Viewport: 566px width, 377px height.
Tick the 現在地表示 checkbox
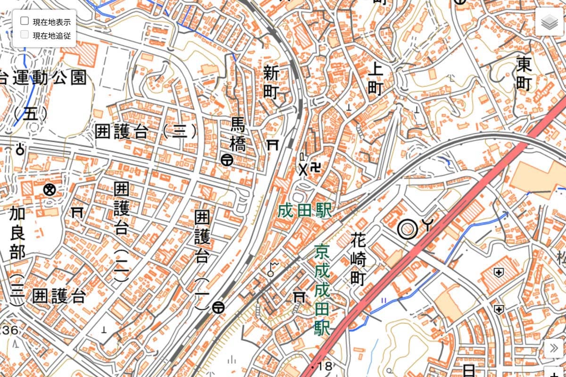click(x=25, y=21)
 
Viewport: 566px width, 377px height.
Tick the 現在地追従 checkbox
click(x=25, y=34)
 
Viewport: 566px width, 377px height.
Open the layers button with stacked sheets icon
click(x=549, y=22)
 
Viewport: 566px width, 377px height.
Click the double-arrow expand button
click(x=553, y=349)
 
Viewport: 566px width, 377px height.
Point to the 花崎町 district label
click(x=358, y=259)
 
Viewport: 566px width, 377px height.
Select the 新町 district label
click(x=271, y=82)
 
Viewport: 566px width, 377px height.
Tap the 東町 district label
click(x=524, y=74)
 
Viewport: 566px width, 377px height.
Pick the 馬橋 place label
click(x=238, y=134)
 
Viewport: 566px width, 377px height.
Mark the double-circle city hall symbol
click(x=407, y=229)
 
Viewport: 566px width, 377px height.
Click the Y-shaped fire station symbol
click(x=426, y=226)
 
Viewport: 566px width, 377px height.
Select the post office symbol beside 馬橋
click(x=227, y=160)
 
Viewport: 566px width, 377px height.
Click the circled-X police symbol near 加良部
click(x=48, y=189)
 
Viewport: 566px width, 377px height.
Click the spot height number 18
click(x=325, y=366)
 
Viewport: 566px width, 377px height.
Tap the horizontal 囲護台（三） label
click(x=147, y=131)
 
